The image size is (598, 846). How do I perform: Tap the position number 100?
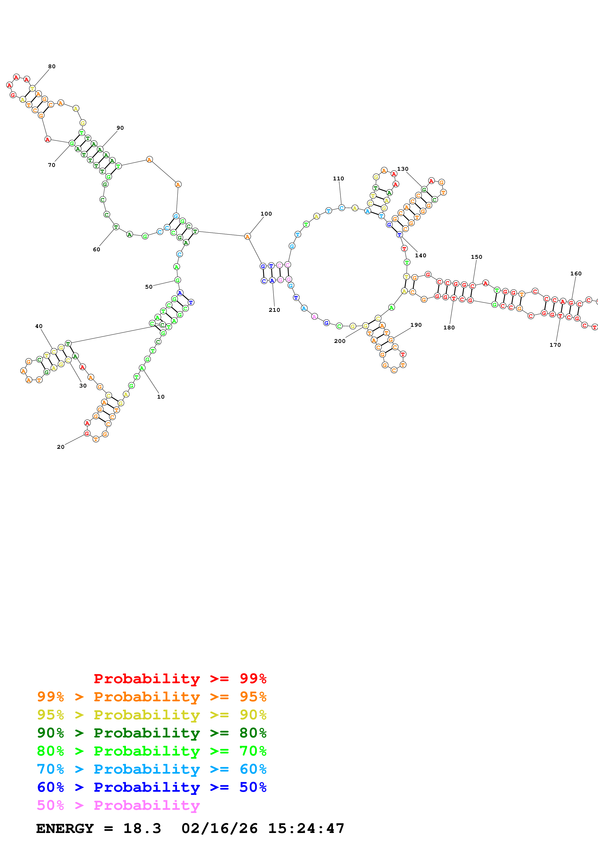tap(266, 214)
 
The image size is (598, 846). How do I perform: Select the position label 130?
tap(403, 169)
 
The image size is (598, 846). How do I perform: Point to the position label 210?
tap(274, 310)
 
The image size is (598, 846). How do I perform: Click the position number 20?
tap(60, 447)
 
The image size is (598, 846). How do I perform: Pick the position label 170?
tap(555, 345)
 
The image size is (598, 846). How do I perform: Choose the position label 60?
tap(96, 249)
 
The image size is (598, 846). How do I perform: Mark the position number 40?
tap(39, 326)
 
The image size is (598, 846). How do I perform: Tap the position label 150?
tap(476, 257)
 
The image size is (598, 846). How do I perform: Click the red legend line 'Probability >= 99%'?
tap(180, 678)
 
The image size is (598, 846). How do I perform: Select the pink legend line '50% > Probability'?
tap(118, 805)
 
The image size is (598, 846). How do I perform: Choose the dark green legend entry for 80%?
tap(151, 733)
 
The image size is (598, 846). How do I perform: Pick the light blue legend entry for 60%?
tap(151, 769)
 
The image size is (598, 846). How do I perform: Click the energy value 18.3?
tap(142, 828)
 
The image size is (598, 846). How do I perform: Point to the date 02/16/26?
tap(220, 828)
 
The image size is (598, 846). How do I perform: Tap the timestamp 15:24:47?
tap(306, 828)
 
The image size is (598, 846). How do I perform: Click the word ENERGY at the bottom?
tap(65, 828)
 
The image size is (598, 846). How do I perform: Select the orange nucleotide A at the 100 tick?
tap(247, 237)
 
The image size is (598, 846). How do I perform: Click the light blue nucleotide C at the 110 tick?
tap(342, 208)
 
